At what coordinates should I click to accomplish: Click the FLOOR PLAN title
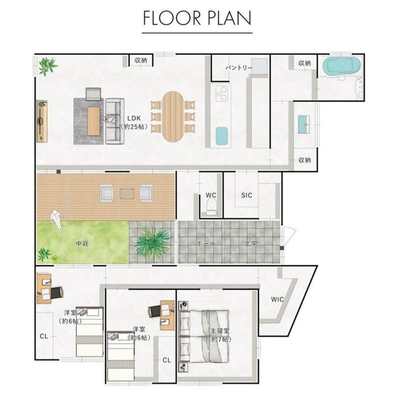point(197,18)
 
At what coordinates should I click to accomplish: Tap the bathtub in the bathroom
point(342,65)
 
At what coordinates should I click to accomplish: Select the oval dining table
point(173,117)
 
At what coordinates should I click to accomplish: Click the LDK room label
point(134,118)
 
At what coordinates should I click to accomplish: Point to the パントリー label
point(238,68)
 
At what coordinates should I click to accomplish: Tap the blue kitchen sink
point(222,136)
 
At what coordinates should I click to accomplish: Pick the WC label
point(211,195)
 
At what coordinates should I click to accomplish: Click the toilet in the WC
point(211,207)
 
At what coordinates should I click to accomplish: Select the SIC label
point(247,195)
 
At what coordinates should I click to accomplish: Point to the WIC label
point(278,299)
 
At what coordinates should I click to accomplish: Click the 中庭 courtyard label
point(83,243)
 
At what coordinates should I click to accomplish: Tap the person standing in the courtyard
point(56,220)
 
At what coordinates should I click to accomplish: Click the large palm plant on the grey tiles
point(153,242)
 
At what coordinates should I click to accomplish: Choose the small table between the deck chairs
point(127,194)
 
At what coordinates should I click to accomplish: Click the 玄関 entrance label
point(251,243)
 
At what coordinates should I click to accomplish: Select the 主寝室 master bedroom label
point(220,331)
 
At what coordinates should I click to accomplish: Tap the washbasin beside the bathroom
point(304,124)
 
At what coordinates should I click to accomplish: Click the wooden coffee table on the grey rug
point(93,121)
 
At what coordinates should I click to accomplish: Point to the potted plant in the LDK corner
point(47,66)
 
